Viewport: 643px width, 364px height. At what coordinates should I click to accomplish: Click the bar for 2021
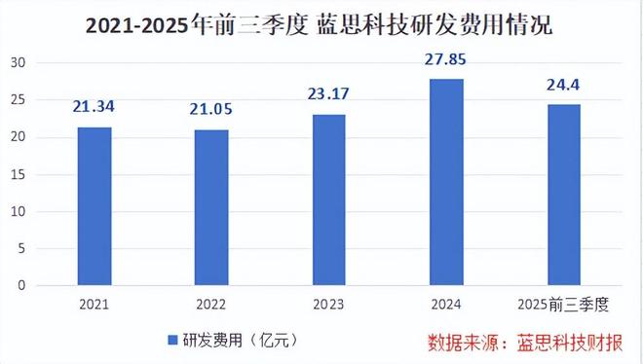coord(95,206)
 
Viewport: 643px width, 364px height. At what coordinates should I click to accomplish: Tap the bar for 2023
coord(329,200)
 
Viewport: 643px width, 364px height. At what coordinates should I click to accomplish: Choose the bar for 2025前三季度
coord(563,195)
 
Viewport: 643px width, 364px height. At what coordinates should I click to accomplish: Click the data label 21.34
coord(95,105)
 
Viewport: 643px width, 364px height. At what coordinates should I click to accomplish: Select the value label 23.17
coord(329,93)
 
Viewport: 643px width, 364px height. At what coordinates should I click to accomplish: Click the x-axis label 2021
coord(95,305)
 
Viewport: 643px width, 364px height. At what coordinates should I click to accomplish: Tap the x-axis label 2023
coord(329,305)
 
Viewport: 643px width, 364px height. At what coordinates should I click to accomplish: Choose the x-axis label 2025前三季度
coord(563,305)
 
